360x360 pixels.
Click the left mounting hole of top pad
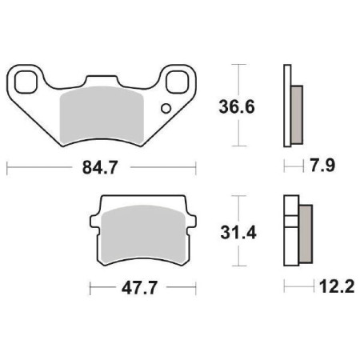pyautogui.click(x=24, y=80)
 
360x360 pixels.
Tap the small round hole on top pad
pyautogui.click(x=166, y=108)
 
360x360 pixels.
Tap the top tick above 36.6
pyautogui.click(x=238, y=63)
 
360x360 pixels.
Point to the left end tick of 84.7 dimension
pyautogui.click(x=6, y=169)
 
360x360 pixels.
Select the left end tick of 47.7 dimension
pyautogui.click(x=90, y=286)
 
